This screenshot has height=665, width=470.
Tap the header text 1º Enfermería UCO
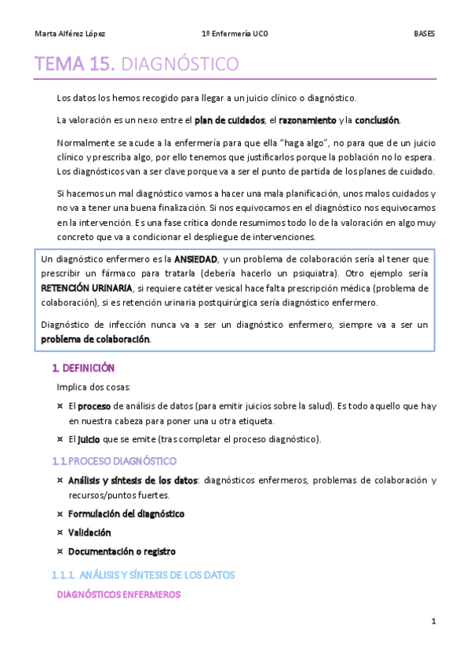235,34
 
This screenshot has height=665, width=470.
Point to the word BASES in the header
424,34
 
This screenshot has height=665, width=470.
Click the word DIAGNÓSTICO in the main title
181,64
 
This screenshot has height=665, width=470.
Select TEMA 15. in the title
75,64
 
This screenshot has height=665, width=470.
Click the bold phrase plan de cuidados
228,120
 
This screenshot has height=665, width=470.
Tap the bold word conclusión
377,120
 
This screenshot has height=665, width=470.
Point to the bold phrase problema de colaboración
94,339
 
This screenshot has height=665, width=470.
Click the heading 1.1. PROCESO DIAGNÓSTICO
114,460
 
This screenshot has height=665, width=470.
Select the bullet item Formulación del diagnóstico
126,514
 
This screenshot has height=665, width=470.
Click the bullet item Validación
89,532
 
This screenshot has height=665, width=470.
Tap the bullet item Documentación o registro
122,551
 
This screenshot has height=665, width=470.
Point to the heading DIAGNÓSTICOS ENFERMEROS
119,594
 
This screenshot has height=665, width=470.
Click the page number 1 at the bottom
432,622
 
